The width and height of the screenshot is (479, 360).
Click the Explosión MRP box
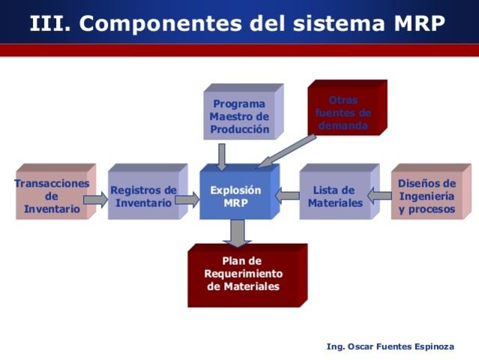[x=235, y=196]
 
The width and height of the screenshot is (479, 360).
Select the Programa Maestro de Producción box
[x=239, y=116]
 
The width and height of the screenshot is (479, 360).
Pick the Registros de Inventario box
[x=143, y=196]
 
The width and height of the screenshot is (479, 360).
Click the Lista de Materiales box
[x=334, y=196]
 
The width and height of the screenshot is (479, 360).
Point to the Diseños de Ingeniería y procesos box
[x=426, y=196]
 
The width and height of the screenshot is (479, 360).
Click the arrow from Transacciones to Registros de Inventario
[x=95, y=199]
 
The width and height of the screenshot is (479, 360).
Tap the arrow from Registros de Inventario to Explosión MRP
[x=187, y=199]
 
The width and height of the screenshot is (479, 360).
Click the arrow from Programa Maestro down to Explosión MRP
[x=222, y=156]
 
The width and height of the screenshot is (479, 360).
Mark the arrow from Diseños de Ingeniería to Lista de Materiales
[x=380, y=196]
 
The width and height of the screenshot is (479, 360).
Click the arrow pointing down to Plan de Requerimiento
[x=238, y=232]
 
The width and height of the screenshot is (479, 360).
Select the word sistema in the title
[x=341, y=23]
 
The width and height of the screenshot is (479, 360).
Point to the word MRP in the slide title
[x=420, y=23]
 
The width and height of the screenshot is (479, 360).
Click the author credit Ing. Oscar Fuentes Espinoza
[x=390, y=346]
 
